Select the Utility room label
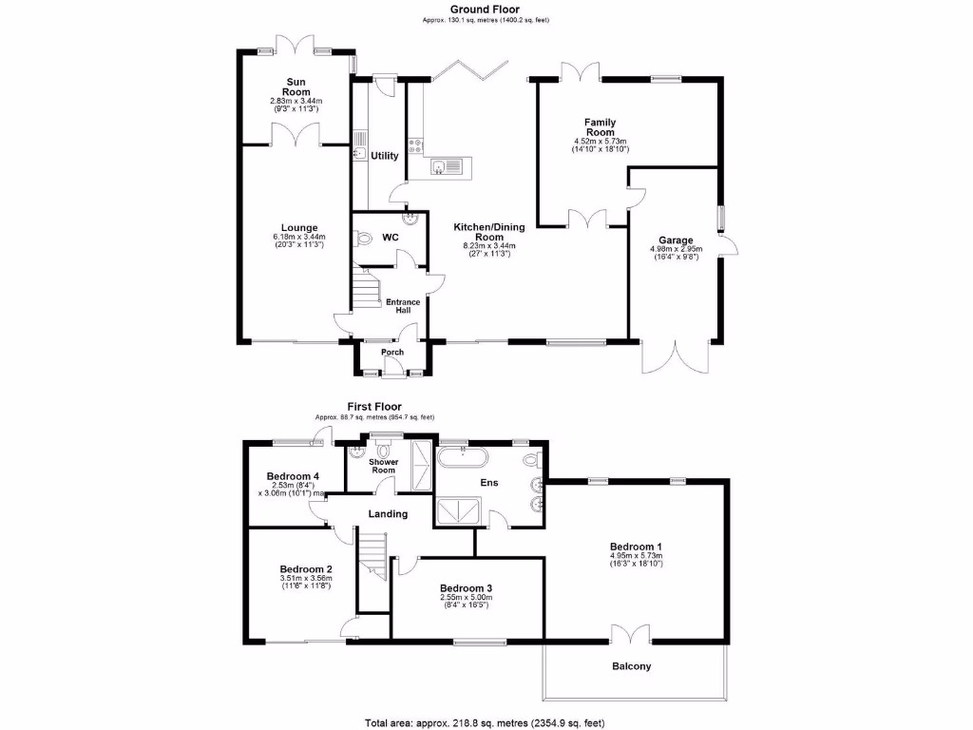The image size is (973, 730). click(x=385, y=155)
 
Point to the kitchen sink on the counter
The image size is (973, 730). click(x=443, y=168)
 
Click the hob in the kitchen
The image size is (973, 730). click(x=416, y=145)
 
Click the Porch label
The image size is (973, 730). click(x=391, y=353)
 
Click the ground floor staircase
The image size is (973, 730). click(x=364, y=289)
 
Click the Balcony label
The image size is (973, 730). click(x=630, y=666)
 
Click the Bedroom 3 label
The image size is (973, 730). click(x=466, y=588)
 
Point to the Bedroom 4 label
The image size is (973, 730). click(x=292, y=476)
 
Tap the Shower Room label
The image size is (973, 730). click(x=383, y=465)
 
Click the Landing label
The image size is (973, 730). click(x=388, y=514)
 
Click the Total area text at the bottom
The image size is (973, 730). click(x=485, y=722)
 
